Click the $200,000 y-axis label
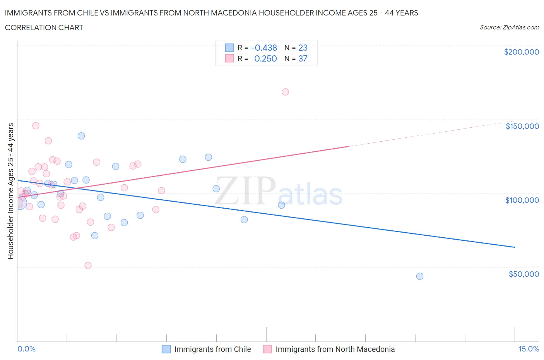coord(521,52)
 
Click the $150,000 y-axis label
coord(522,126)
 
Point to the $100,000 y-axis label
coord(522,200)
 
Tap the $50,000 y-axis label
coord(523,274)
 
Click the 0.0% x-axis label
coord(26,349)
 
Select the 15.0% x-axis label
coord(529,349)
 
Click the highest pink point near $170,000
coord(285,92)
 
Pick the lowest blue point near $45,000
coord(419,276)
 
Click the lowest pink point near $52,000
coord(88,266)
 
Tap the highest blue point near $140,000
coord(81,136)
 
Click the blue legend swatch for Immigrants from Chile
coord(166,349)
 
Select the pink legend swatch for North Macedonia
coord(267,349)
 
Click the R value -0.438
coord(264,48)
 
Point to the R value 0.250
coord(265,58)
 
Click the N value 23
coord(303,48)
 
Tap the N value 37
coord(303,58)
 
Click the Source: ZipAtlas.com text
coord(509,27)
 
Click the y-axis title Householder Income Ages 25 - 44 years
coord(10,191)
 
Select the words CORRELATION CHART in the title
coord(44,27)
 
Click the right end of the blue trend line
coord(515,247)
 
